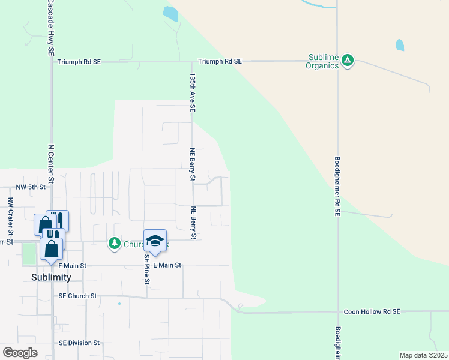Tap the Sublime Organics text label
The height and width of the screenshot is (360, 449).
pyautogui.click(x=324, y=62)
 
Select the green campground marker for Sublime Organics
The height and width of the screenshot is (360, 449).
pyautogui.click(x=348, y=60)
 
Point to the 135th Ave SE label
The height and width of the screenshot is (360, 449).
pyautogui.click(x=193, y=93)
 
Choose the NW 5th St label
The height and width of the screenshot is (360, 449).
pyautogui.click(x=31, y=187)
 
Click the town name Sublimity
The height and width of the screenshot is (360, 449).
pyautogui.click(x=51, y=277)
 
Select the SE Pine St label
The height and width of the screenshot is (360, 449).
pyautogui.click(x=146, y=268)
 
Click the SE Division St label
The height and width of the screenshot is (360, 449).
pyautogui.click(x=79, y=343)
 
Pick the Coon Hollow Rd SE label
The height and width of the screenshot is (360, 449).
pyautogui.click(x=372, y=312)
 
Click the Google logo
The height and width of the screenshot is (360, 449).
pyautogui.click(x=20, y=353)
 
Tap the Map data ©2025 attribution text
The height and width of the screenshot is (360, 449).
pyautogui.click(x=423, y=355)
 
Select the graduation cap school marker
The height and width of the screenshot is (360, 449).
pyautogui.click(x=155, y=241)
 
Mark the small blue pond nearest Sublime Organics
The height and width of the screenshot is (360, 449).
pyautogui.click(x=400, y=45)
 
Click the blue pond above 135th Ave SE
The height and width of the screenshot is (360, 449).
pyautogui.click(x=170, y=14)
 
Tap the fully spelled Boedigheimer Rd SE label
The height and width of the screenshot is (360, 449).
pyautogui.click(x=338, y=186)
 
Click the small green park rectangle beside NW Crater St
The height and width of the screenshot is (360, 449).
pyautogui.click(x=28, y=253)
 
